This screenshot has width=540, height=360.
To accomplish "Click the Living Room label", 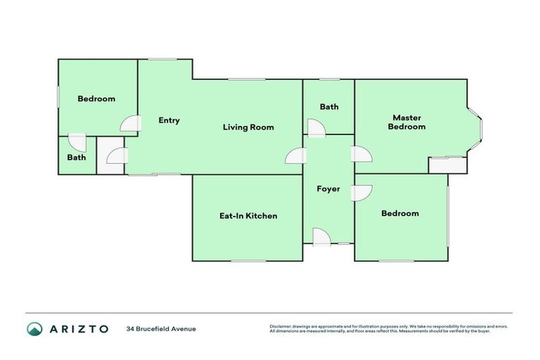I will point(248,127).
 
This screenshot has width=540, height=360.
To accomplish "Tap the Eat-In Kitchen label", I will point(248,216).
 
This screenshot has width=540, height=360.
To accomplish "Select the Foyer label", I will point(328,189).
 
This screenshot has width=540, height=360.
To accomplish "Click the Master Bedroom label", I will point(406,122).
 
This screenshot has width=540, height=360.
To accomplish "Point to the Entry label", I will point(169,120).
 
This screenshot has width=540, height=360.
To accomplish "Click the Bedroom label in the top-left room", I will point(96,99).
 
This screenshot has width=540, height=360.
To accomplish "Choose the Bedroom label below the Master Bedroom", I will point(400,213).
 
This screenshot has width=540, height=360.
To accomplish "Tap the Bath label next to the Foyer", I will point(329,107).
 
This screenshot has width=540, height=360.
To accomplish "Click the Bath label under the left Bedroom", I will point(77,157).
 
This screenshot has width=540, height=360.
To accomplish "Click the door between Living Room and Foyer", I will point(295,157).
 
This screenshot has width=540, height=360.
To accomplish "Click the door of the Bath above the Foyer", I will point(316,127).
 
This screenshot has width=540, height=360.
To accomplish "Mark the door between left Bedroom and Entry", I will point(129,124).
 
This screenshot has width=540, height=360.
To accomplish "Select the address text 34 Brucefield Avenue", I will point(161,328).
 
